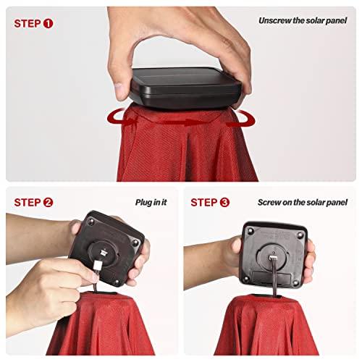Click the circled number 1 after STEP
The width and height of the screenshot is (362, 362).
click(48, 24)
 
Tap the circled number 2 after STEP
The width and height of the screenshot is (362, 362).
click(48, 202)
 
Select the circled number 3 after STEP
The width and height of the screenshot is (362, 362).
click(224, 202)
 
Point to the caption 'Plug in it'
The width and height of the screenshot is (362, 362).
click(151, 202)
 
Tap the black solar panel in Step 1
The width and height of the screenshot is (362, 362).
click(185, 88)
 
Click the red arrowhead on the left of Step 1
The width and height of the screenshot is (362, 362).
click(130, 121)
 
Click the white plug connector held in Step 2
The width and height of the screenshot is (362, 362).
click(98, 266)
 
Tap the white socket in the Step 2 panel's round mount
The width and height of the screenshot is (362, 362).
click(104, 253)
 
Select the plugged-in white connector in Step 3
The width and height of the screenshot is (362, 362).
click(273, 258)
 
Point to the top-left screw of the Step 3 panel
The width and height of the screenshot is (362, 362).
click(251, 231)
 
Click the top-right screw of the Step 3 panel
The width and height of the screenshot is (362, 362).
click(300, 234)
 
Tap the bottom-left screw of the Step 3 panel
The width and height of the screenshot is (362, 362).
click(246, 279)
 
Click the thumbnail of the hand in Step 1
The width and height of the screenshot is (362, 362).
click(119, 85)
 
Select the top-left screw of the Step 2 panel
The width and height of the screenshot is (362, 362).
click(91, 221)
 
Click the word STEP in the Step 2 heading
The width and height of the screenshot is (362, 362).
click(28, 202)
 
